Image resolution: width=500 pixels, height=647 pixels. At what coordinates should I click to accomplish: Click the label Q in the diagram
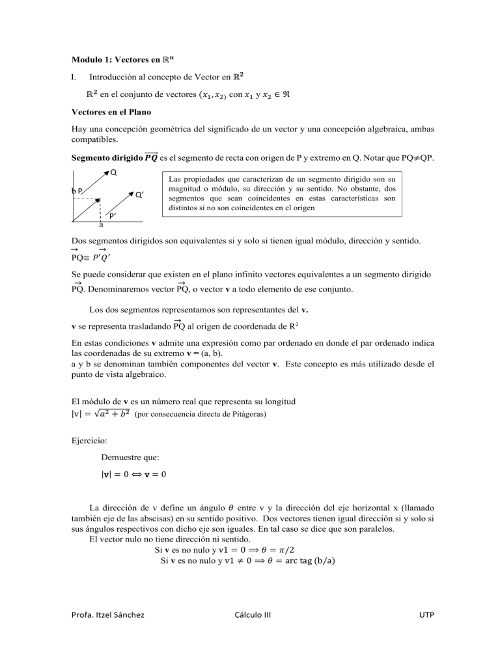pyautogui.click(x=114, y=172)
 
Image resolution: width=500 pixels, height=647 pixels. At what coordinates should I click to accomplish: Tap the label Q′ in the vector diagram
pyautogui.click(x=139, y=194)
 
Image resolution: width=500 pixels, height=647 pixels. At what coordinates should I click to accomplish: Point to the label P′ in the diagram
pyautogui.click(x=113, y=215)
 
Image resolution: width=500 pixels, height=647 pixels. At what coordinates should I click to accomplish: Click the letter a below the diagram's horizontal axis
pyautogui.click(x=101, y=225)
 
